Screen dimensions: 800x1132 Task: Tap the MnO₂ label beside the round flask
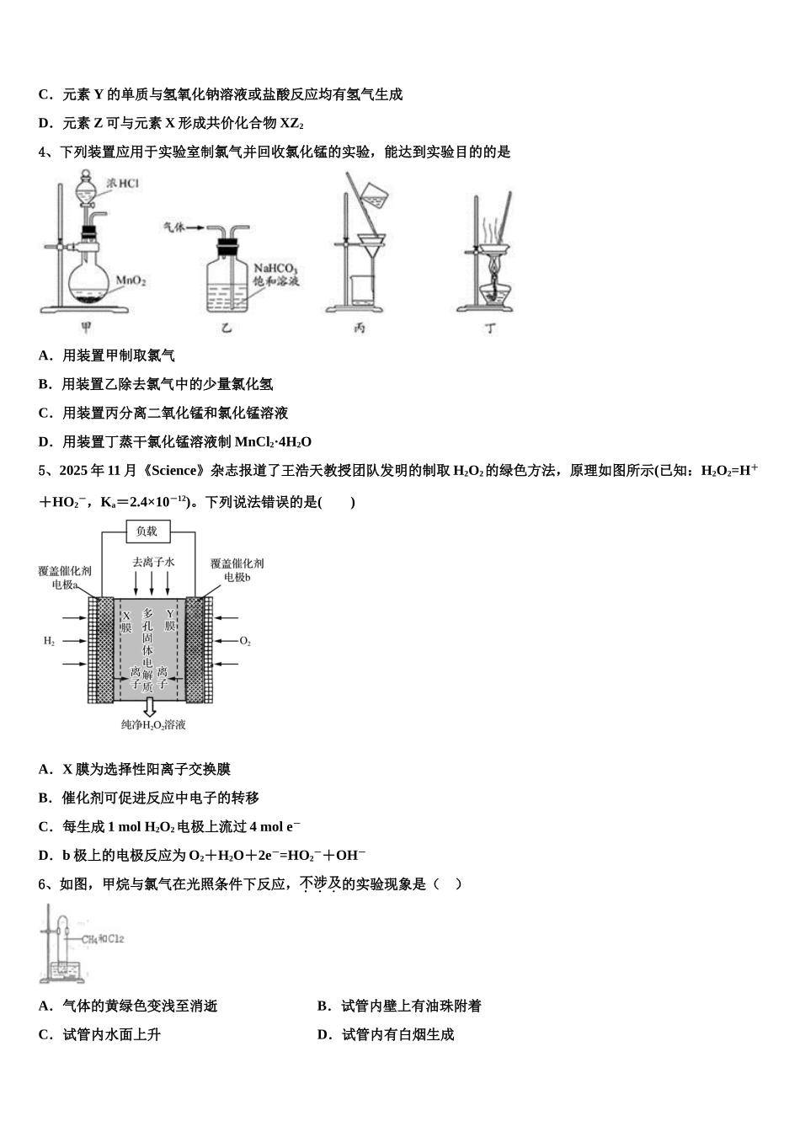131,280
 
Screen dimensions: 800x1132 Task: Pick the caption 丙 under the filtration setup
360,328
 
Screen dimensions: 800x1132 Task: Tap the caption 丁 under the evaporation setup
491,328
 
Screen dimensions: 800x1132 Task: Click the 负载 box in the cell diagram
147,531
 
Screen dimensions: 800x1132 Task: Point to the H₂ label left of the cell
50,642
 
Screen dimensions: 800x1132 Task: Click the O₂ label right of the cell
245,642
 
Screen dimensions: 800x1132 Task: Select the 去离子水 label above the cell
153,561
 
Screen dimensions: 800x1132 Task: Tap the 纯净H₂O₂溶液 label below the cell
153,724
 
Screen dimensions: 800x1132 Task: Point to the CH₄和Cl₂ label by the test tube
103,938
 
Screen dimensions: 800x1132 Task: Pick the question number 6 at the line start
43,884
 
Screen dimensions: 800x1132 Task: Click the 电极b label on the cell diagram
237,578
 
